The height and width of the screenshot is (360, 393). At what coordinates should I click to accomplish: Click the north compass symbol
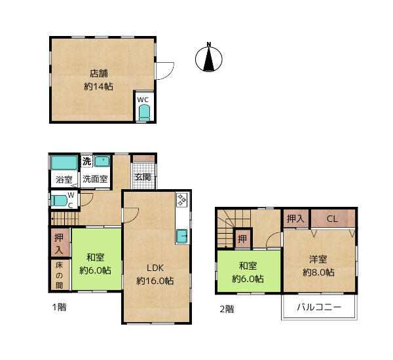point(209,58)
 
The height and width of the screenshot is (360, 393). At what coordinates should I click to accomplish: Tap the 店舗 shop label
point(99,73)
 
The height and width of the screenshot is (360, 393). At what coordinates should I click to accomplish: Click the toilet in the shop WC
point(144,113)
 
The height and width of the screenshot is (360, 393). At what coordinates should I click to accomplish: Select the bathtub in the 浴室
point(64,163)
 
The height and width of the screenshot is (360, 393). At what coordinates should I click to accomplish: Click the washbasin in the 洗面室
point(102,162)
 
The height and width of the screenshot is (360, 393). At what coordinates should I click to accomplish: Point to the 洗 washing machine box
point(87,161)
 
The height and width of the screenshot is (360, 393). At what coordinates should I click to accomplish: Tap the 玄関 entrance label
point(143,177)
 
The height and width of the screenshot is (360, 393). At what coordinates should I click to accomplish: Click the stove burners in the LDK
point(181,200)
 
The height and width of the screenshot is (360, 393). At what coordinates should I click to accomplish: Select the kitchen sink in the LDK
point(181,236)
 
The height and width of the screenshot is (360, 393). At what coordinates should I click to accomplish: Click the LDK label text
point(155,268)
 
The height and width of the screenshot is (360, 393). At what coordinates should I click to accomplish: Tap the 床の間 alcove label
point(59,276)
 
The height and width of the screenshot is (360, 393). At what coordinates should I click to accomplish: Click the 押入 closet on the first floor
point(60,242)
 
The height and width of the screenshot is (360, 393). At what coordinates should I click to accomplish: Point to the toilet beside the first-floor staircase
point(60,201)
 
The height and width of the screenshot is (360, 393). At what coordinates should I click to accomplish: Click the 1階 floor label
point(59,307)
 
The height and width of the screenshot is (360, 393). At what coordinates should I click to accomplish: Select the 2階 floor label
point(227,309)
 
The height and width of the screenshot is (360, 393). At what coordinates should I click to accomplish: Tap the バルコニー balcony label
point(319,307)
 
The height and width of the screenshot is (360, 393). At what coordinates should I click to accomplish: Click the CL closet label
point(333,219)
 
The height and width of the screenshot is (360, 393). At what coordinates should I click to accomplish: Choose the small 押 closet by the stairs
point(242,239)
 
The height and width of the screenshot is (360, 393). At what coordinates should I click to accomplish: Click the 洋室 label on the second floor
point(318,259)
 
